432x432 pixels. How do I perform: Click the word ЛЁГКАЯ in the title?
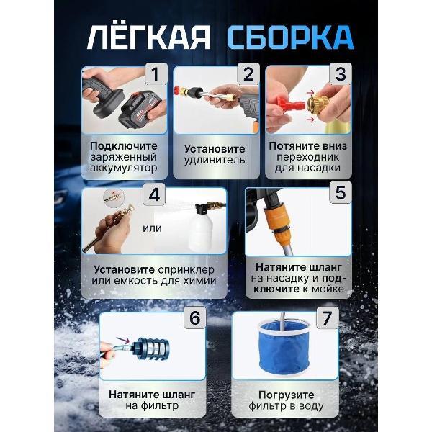148,37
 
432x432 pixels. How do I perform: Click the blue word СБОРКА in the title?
288,37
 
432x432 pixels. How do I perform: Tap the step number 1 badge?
154,74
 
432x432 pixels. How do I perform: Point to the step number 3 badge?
339,74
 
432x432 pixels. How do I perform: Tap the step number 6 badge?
195,318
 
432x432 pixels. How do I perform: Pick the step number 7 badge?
328,318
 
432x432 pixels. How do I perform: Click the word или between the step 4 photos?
152,229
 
